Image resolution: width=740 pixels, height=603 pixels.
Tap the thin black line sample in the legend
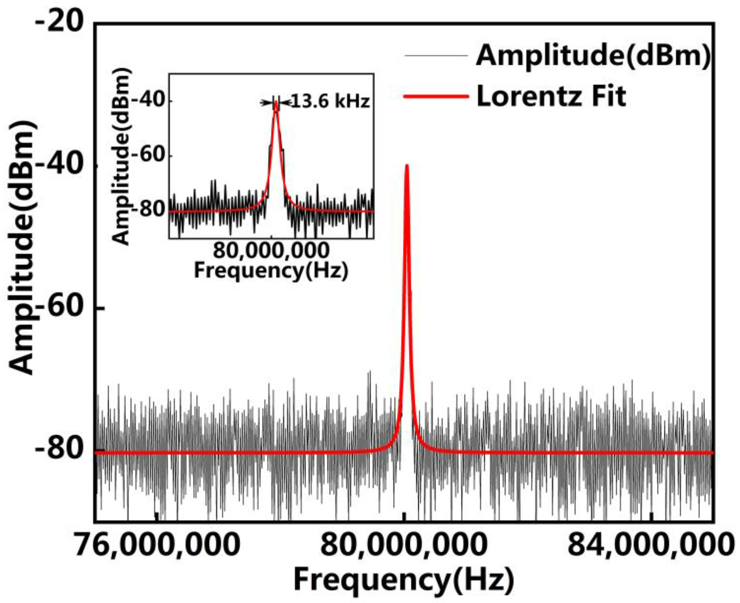[436, 56]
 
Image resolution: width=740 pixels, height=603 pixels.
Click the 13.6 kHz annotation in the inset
[329, 102]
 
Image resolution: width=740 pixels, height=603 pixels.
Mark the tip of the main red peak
[407, 166]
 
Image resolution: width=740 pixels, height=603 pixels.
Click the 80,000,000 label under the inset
[271, 250]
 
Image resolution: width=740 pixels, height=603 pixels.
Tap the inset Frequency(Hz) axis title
[271, 271]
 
